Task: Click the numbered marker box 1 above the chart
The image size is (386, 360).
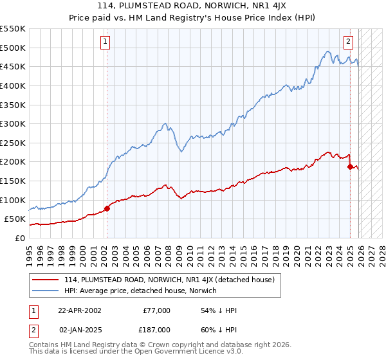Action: tap(105, 42)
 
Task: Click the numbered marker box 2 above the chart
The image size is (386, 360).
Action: tap(348, 42)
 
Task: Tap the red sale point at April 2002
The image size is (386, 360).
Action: tap(107, 208)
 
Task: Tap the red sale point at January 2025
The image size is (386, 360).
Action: tap(350, 166)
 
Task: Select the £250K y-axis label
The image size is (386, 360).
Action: tap(13, 143)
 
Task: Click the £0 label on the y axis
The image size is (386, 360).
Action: tap(19, 238)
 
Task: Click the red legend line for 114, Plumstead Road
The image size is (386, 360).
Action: tap(46, 280)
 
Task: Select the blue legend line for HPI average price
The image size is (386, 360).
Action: tap(46, 291)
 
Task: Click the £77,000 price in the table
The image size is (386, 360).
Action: tap(156, 310)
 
